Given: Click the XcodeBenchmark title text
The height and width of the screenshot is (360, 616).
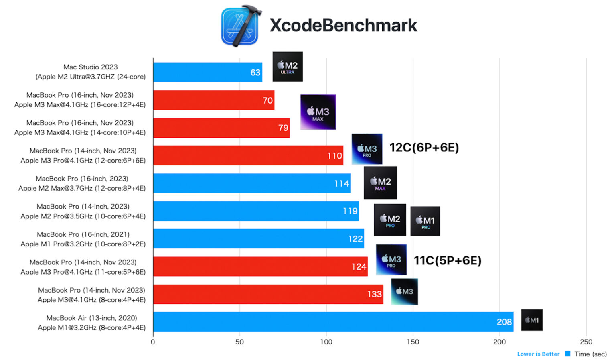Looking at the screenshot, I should pyautogui.click(x=343, y=25).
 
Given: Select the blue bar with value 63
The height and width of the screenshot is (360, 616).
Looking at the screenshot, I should pyautogui.click(x=207, y=72).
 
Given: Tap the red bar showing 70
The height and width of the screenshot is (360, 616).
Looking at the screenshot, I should pyautogui.click(x=213, y=100).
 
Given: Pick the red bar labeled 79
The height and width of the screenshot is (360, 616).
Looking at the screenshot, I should pyautogui.click(x=221, y=128).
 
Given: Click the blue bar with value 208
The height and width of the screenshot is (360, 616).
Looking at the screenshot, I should pyautogui.click(x=333, y=321).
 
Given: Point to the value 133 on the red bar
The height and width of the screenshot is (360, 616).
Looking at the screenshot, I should pyautogui.click(x=374, y=294).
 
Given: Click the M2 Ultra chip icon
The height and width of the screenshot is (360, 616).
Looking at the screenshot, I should pyautogui.click(x=288, y=67).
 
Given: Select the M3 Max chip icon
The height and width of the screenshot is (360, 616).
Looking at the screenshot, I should pyautogui.click(x=318, y=112).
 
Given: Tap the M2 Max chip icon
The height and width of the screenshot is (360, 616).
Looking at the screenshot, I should pyautogui.click(x=380, y=183).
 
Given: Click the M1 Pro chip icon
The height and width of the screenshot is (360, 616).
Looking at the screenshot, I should pyautogui.click(x=425, y=221).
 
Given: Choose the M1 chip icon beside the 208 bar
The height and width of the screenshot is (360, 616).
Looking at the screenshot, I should pyautogui.click(x=532, y=320).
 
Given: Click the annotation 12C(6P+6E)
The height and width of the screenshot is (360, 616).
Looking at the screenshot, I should pyautogui.click(x=424, y=148).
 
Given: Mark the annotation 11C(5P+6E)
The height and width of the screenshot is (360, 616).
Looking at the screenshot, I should pyautogui.click(x=448, y=261).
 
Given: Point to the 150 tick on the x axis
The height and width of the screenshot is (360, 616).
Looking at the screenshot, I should pyautogui.click(x=413, y=342).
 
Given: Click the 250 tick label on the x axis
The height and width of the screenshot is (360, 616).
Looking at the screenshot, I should pyautogui.click(x=586, y=342).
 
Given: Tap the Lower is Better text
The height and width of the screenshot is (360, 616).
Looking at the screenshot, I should pyautogui.click(x=538, y=354).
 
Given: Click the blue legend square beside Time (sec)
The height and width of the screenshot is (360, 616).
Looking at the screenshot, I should pyautogui.click(x=567, y=354).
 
